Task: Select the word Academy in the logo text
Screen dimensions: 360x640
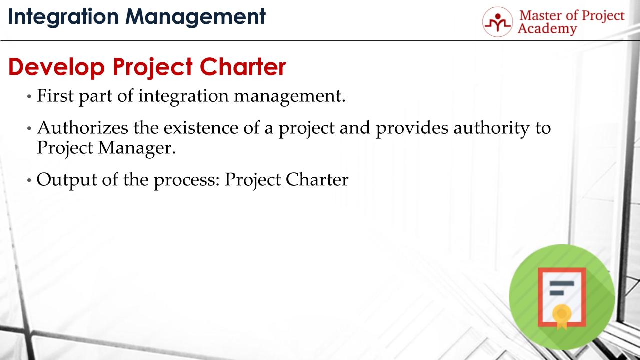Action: tap(547, 29)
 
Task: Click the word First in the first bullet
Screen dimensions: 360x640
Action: tap(53, 95)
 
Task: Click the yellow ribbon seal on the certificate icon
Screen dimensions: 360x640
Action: tap(561, 314)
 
